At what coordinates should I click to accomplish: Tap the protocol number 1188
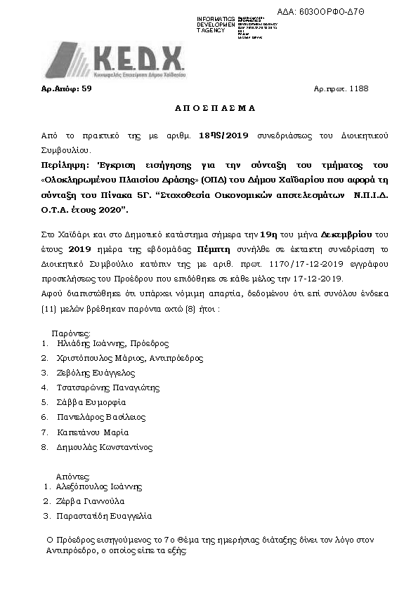click(x=359, y=88)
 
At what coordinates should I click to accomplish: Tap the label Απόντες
click(x=73, y=474)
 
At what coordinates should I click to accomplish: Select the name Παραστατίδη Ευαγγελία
click(x=104, y=517)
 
